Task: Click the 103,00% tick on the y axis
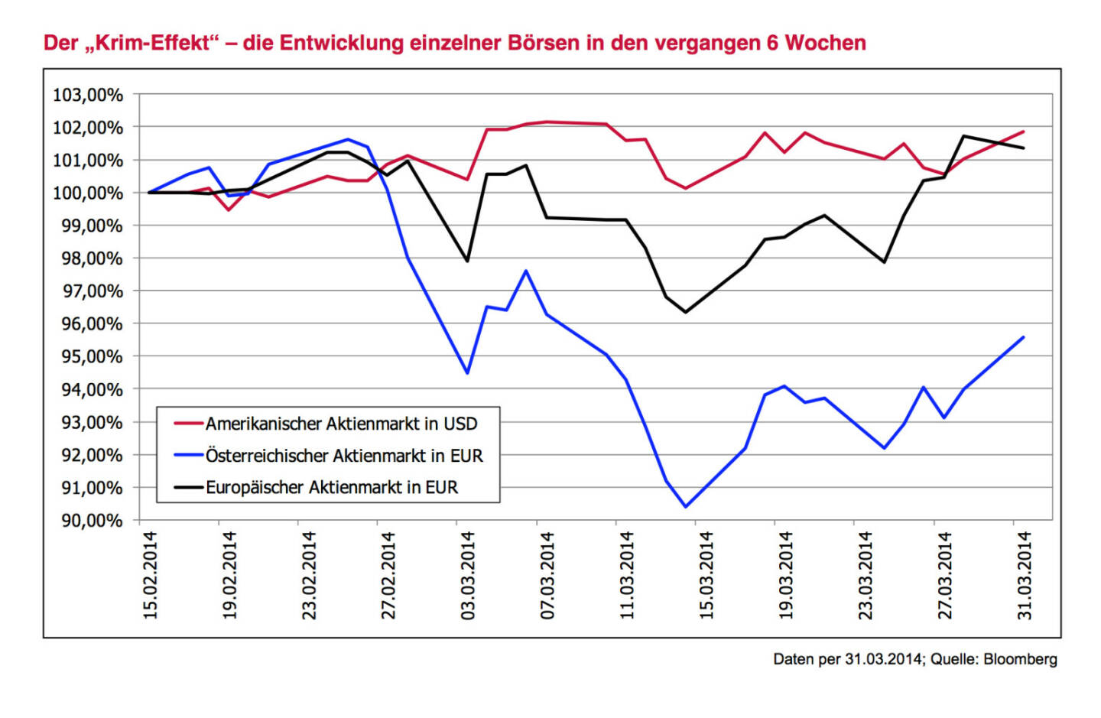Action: pyautogui.click(x=88, y=95)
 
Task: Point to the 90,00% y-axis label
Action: pyautogui.click(x=88, y=521)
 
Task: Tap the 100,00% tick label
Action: pyautogui.click(x=86, y=193)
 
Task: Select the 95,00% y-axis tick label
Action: pyautogui.click(x=88, y=357)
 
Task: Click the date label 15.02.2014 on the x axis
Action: pyautogui.click(x=150, y=575)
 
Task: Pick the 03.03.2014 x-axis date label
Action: pyautogui.click(x=468, y=575)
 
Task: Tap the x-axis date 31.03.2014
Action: pyautogui.click(x=1025, y=575)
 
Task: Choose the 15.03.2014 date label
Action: pyautogui.click(x=706, y=575)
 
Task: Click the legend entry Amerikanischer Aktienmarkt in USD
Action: pyautogui.click(x=341, y=424)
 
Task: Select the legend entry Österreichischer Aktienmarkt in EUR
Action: pyautogui.click(x=344, y=456)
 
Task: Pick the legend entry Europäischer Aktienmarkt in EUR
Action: pyautogui.click(x=332, y=488)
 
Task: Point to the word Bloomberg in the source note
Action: pyautogui.click(x=1020, y=659)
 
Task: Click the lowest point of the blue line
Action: pyautogui.click(x=685, y=506)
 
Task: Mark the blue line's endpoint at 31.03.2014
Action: pyautogui.click(x=1023, y=337)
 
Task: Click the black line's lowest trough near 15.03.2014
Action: pyautogui.click(x=685, y=312)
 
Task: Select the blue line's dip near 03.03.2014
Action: pyautogui.click(x=467, y=373)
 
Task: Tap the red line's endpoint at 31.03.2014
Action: pyautogui.click(x=1023, y=132)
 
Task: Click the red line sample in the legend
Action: pyautogui.click(x=188, y=424)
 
